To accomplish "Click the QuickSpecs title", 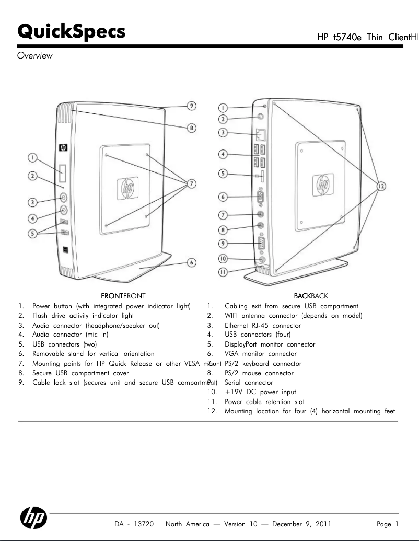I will click(x=71, y=31).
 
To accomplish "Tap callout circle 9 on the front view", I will click(x=192, y=106).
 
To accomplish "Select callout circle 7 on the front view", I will click(x=192, y=183).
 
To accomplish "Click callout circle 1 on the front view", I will click(x=32, y=157).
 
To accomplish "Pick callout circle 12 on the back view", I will click(x=381, y=186).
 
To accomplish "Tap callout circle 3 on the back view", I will click(x=223, y=132).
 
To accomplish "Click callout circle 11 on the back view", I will click(x=223, y=271).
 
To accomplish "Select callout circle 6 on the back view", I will click(x=223, y=197).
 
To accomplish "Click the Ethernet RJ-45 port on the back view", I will click(x=262, y=133).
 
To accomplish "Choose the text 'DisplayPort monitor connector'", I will click(x=270, y=344).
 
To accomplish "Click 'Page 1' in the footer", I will click(x=388, y=524).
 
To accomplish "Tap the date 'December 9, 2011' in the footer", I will click(x=301, y=524).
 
